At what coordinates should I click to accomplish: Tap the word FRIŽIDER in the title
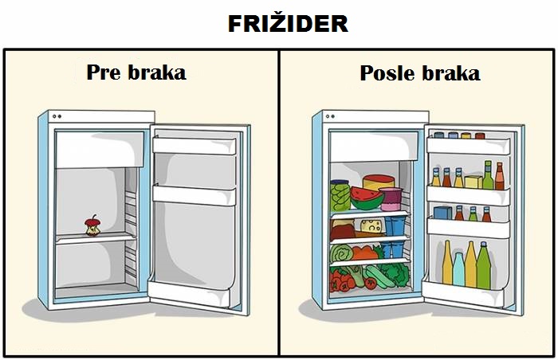[x=288, y=24]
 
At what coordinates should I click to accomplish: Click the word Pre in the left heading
[x=104, y=72]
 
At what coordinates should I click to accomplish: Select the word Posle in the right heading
[x=387, y=73]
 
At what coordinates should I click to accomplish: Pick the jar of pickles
[x=340, y=196]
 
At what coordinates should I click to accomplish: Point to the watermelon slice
[x=367, y=198]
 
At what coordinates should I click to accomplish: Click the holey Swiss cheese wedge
[x=372, y=225]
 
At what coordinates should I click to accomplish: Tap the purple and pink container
[x=391, y=199]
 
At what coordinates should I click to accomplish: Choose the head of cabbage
[x=341, y=253]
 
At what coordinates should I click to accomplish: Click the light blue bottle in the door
[x=458, y=269]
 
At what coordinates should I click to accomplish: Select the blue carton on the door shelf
[x=442, y=213]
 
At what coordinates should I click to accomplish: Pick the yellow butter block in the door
[x=474, y=182]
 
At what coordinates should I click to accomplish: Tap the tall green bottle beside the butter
[x=488, y=175]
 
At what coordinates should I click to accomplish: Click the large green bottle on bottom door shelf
[x=483, y=266]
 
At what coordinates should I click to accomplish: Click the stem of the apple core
[x=94, y=217]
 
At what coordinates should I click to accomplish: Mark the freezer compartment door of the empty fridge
[x=100, y=150]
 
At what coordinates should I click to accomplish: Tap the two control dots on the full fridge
[x=330, y=116]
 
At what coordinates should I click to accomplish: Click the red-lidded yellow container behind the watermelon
[x=379, y=182]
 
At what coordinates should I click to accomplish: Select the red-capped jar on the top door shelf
[x=480, y=135]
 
